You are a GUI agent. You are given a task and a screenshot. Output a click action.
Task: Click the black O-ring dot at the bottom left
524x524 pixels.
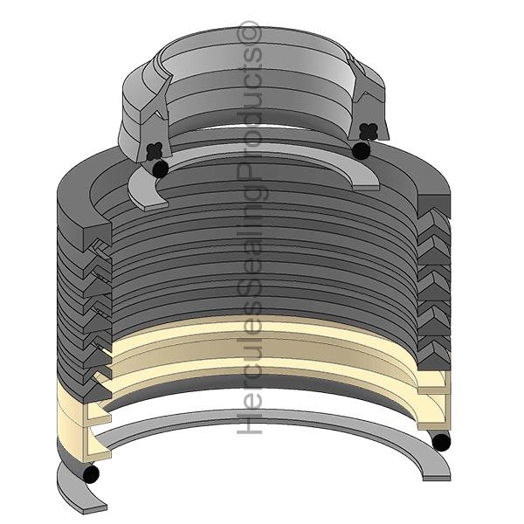91,473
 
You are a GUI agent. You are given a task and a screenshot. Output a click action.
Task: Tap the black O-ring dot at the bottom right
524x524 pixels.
441,443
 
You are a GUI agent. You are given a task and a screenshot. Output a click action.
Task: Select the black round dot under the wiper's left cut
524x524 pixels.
161,169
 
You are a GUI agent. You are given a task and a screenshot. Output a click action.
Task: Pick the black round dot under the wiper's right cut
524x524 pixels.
362,150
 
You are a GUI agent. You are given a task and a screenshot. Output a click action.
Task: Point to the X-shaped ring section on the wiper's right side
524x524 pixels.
369,131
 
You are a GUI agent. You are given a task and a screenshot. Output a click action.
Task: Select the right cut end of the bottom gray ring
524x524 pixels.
437,477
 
